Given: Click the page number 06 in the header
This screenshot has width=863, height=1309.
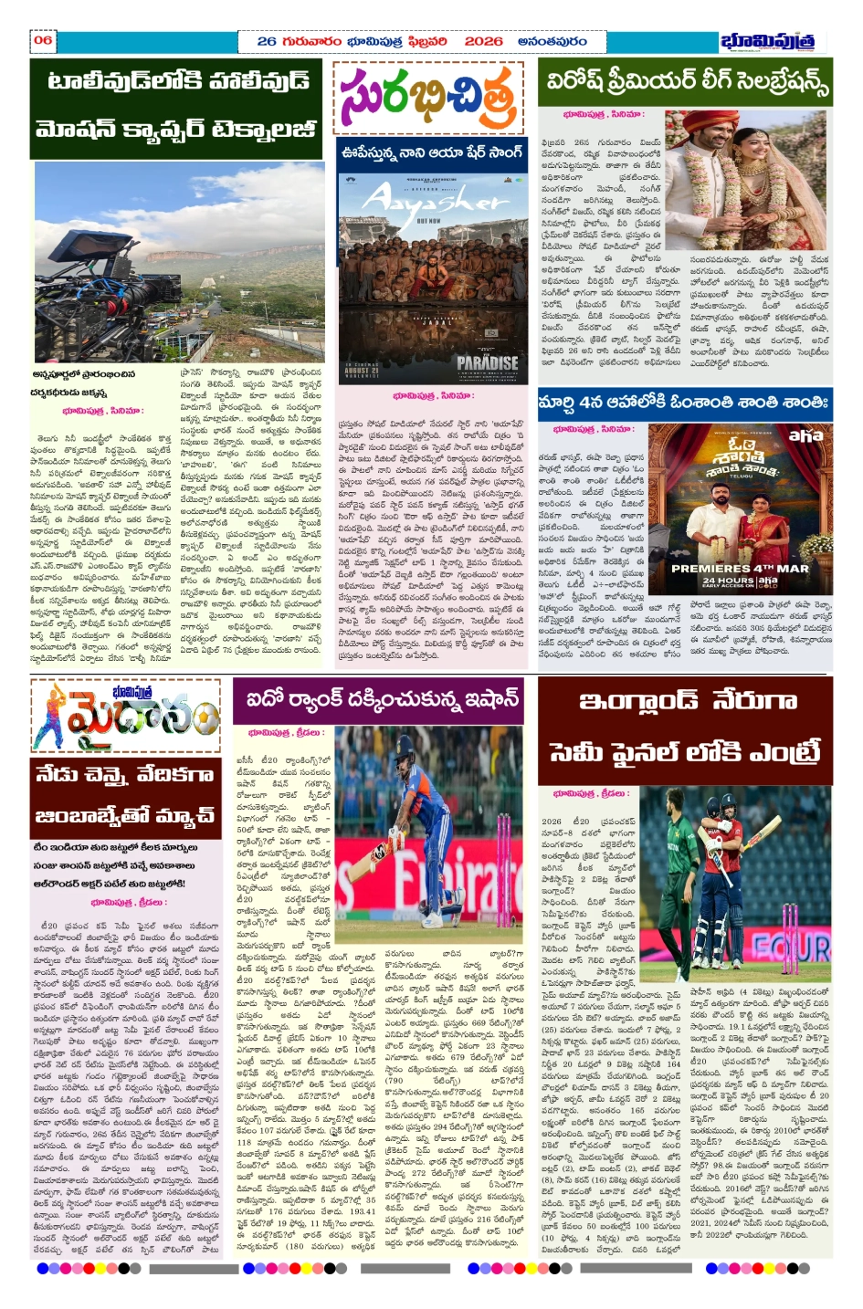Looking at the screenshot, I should [43, 40].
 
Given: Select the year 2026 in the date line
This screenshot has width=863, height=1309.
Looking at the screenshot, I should [483, 41].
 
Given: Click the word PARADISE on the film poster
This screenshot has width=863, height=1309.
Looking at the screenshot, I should [487, 362].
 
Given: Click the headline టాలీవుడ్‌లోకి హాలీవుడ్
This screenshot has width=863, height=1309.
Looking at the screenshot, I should [178, 82].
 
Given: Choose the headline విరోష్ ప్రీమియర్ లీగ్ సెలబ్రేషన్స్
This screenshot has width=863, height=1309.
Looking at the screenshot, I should [686, 81].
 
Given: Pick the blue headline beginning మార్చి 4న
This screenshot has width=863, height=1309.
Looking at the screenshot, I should [684, 403].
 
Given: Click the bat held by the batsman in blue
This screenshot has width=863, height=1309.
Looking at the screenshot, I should [380, 853].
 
